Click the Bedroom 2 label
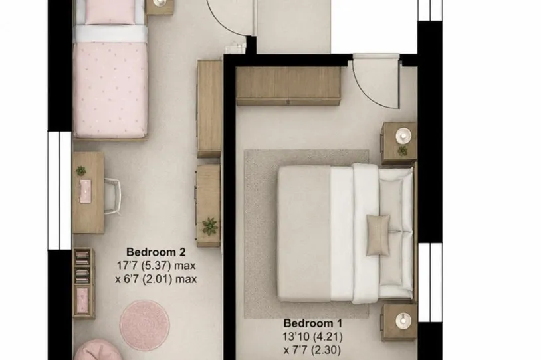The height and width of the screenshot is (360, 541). [x=156, y=252]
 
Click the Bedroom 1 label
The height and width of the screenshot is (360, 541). [x=312, y=323]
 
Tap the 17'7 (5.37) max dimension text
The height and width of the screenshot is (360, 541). [x=156, y=266]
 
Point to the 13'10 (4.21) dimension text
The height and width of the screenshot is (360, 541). [x=312, y=336]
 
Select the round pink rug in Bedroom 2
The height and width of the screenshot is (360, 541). [x=145, y=325]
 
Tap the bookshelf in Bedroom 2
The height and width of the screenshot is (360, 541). [x=83, y=283]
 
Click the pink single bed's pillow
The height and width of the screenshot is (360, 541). [x=110, y=12]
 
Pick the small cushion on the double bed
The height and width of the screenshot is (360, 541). [x=378, y=235]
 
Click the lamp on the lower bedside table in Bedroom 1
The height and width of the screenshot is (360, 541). [x=403, y=321]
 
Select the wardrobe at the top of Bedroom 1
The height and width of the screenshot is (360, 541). [x=288, y=86]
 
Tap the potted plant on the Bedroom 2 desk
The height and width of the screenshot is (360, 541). [x=81, y=170]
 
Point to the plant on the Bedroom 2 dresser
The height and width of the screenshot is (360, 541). [x=210, y=226]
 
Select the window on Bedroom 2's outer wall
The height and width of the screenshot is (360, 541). [x=60, y=191]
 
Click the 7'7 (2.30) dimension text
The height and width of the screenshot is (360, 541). [x=312, y=350]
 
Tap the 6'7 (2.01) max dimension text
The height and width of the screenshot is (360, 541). [x=156, y=278]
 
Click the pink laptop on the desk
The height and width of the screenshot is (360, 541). [x=86, y=191]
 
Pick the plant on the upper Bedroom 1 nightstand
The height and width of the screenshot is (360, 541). [x=402, y=151]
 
